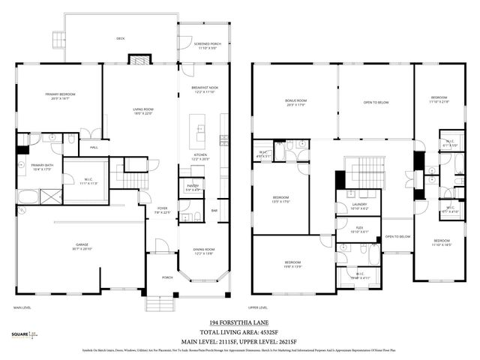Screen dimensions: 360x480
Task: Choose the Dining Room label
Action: coord(204,251)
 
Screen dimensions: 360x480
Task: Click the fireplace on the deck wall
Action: coord(139,59)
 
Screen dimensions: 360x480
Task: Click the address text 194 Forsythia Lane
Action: coord(241,321)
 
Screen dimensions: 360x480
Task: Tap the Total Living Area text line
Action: coord(241,331)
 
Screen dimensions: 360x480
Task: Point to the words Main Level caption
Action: coord(23,307)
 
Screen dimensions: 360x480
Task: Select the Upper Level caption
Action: coord(259,307)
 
